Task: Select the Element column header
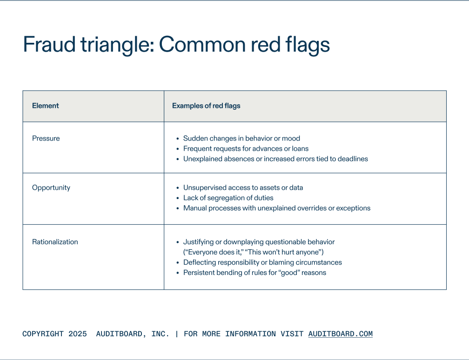tap(46, 106)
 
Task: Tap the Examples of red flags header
tap(206, 106)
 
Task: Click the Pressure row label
tap(46, 138)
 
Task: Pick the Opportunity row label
tap(51, 187)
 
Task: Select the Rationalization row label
tap(55, 242)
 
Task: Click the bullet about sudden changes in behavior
tap(241, 138)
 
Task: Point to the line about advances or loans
tap(246, 148)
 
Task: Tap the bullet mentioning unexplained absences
tap(275, 159)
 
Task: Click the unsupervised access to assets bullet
tap(243, 187)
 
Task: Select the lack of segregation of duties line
tap(228, 198)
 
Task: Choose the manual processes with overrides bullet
tap(277, 208)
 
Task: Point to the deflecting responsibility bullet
tap(262, 262)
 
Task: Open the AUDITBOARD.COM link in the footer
tap(340, 334)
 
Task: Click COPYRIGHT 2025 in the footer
tap(54, 334)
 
